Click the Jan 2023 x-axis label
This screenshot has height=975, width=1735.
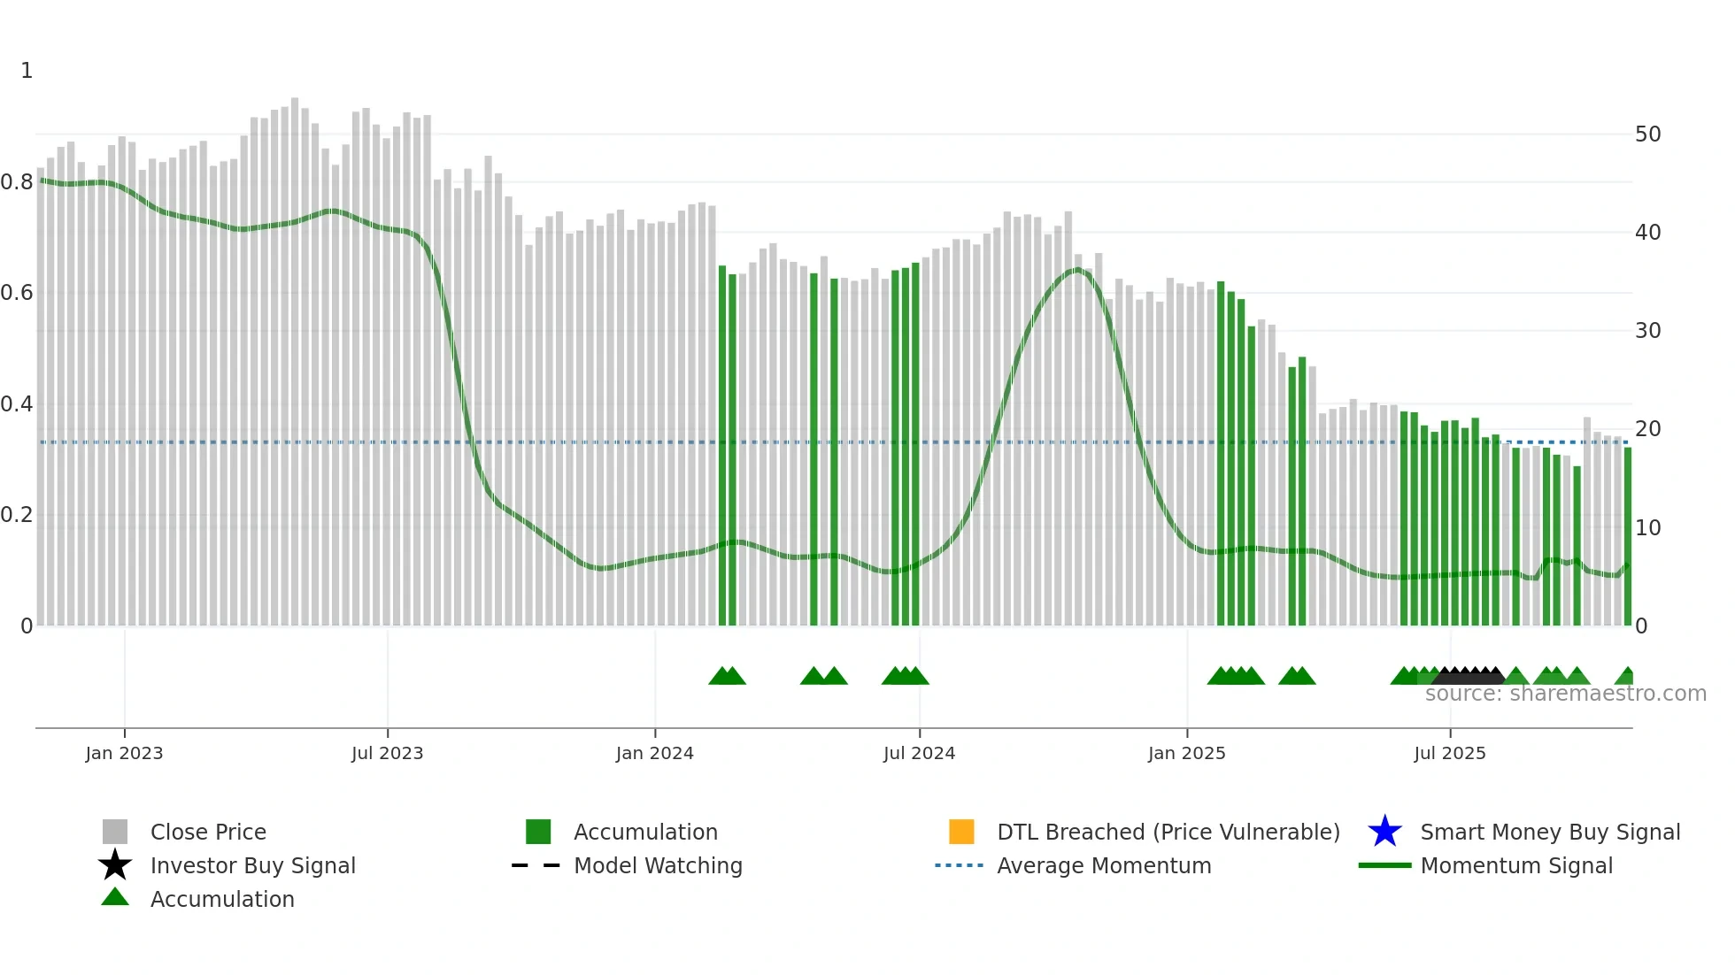(x=124, y=753)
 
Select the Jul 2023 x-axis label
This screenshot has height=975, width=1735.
(x=387, y=753)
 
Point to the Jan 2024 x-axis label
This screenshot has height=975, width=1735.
(x=654, y=753)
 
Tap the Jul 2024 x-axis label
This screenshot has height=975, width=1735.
(x=919, y=753)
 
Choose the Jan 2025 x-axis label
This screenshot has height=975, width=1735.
(x=1186, y=753)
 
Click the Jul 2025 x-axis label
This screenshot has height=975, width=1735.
(x=1449, y=753)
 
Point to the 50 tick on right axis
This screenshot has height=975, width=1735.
(x=1647, y=134)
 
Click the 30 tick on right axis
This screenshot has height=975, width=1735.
(x=1647, y=331)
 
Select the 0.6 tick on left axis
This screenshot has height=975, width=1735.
(x=17, y=293)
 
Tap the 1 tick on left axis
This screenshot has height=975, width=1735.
(x=27, y=71)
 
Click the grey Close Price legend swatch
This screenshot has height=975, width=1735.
(x=115, y=832)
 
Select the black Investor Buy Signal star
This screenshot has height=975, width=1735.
(x=115, y=865)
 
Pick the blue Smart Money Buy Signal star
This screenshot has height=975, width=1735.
(x=1384, y=832)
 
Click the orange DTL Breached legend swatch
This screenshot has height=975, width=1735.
(x=961, y=832)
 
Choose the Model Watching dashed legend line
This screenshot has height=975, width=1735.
(x=536, y=865)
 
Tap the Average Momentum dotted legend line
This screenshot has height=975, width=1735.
(x=959, y=865)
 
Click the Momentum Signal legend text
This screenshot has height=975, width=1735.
(x=1516, y=865)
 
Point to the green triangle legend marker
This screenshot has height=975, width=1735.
(x=115, y=897)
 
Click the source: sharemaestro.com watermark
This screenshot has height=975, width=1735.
(x=1565, y=694)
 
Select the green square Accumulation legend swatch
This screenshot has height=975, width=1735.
(x=538, y=832)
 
